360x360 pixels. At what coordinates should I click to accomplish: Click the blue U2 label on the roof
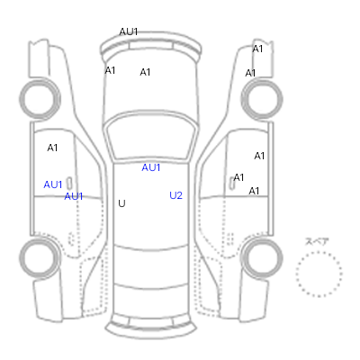[x=175, y=195]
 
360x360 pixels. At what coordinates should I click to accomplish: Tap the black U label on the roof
[x=121, y=203]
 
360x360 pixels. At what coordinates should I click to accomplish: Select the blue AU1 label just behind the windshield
[x=151, y=167]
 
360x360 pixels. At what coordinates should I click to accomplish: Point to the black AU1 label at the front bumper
[x=129, y=31]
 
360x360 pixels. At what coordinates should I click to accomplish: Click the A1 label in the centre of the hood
[x=145, y=72]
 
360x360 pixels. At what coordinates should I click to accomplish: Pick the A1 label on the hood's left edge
[x=110, y=70]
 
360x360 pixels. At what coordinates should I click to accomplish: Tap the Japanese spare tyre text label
[x=317, y=241]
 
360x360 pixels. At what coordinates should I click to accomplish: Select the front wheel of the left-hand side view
[x=40, y=99]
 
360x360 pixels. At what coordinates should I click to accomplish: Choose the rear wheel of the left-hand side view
[x=40, y=258]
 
